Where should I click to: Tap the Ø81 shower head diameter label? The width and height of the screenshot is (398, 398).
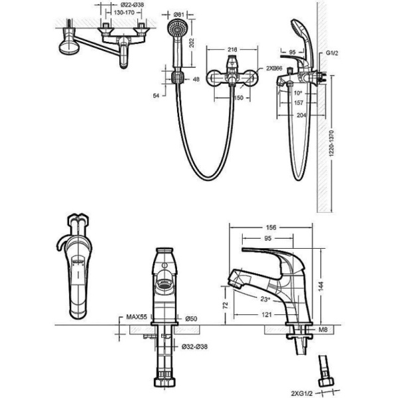coord(178,15)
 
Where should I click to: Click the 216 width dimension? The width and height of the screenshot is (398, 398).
coord(232,49)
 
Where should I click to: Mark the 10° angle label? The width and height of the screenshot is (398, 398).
coord(298,93)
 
